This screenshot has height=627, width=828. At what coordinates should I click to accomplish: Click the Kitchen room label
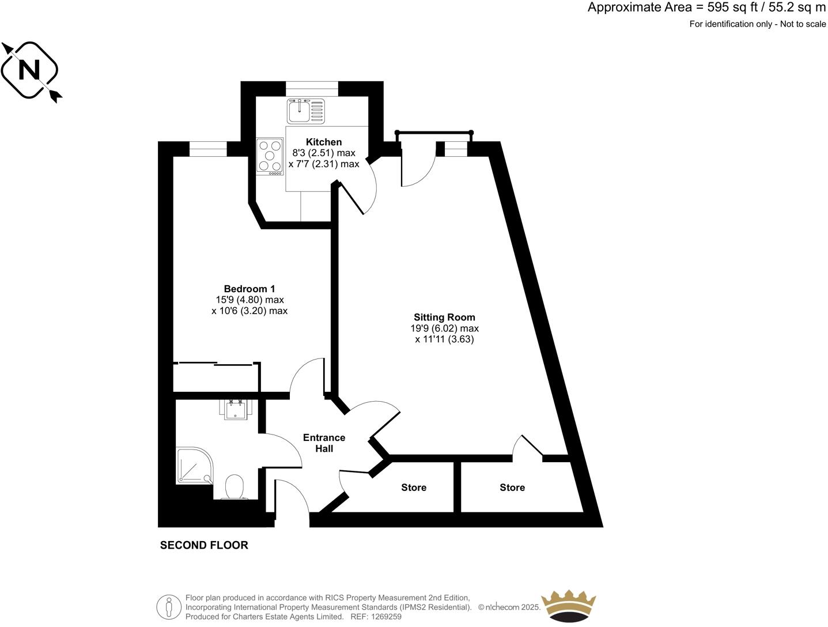coord(323,142)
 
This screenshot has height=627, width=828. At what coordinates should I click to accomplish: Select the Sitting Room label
coord(444,317)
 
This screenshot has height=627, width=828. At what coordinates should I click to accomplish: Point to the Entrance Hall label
coord(324,443)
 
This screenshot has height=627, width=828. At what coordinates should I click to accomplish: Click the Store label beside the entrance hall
coord(414,488)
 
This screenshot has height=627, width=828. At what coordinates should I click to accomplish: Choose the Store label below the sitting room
coord(512,488)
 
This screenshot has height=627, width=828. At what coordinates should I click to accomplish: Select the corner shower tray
coord(194,466)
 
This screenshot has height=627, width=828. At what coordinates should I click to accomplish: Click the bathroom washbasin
coord(235,409)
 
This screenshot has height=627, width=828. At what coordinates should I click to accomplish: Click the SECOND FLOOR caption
coord(204,545)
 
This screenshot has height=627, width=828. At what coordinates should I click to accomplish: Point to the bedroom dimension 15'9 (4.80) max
coord(249,300)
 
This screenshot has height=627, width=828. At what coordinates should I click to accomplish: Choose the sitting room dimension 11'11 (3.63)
coord(444,339)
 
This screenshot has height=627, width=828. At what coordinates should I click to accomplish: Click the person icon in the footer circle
coord(169,606)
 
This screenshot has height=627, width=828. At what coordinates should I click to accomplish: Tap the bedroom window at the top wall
coord(208,149)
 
